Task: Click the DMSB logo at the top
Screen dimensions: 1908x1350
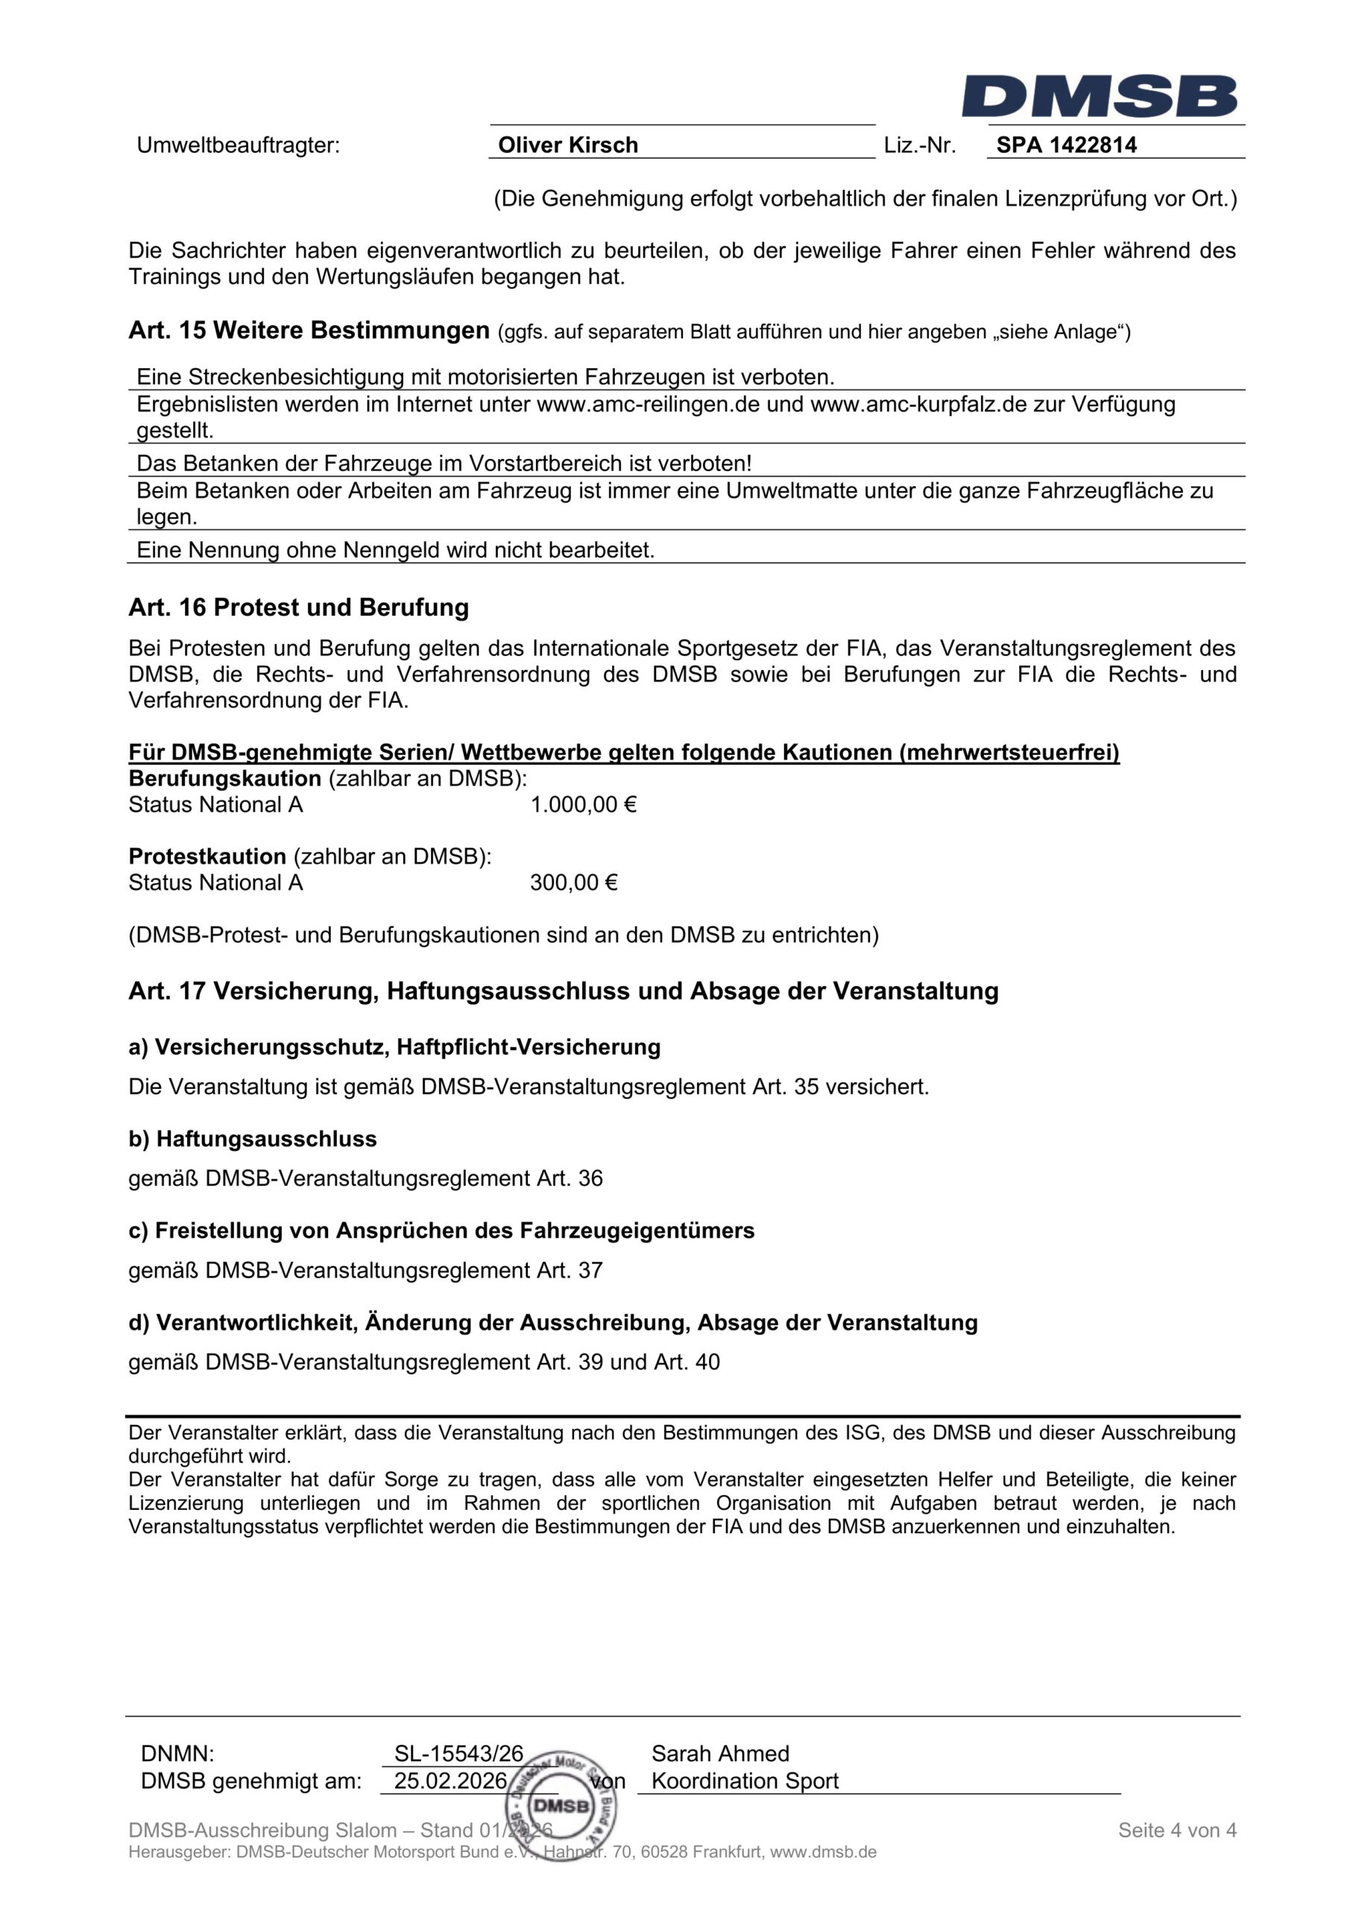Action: [x=1099, y=96]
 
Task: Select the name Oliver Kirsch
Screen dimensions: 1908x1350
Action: [x=568, y=145]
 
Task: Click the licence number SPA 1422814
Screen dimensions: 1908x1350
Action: [x=1067, y=145]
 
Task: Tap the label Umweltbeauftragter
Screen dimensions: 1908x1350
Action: [x=239, y=145]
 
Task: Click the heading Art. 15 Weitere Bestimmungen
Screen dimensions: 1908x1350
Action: [x=309, y=331]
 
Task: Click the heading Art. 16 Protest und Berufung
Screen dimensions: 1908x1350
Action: [x=298, y=607]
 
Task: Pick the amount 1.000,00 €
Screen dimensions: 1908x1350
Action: [x=584, y=804]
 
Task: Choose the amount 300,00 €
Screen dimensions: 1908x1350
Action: [x=573, y=882]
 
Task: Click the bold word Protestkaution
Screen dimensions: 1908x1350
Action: [x=207, y=857]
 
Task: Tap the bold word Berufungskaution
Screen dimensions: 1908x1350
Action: [x=224, y=779]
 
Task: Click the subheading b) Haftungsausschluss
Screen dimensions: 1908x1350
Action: [x=253, y=1139]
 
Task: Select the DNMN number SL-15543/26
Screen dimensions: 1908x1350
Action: [x=459, y=1754]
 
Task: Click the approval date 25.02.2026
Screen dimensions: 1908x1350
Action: [x=450, y=1781]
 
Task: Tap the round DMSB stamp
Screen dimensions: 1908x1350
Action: [x=562, y=1805]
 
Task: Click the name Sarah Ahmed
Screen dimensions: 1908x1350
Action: [x=720, y=1754]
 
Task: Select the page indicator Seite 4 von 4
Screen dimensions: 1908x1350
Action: [x=1177, y=1830]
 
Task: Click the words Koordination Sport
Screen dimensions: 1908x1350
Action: [x=745, y=1781]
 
